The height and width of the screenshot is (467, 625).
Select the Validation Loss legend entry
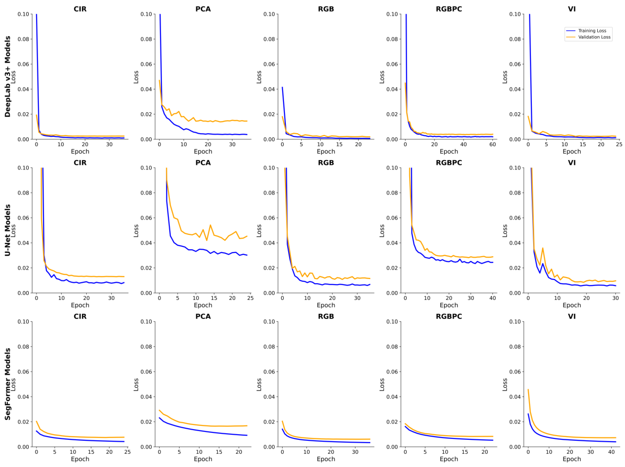(x=594, y=37)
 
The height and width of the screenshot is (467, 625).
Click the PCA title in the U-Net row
(x=203, y=163)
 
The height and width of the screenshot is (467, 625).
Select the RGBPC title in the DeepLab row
(x=449, y=9)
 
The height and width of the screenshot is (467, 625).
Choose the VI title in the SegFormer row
(x=572, y=316)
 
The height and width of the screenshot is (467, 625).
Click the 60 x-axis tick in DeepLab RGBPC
(x=492, y=144)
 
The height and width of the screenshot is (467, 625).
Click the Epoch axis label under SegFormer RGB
(x=326, y=459)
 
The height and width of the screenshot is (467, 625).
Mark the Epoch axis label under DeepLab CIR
(x=80, y=151)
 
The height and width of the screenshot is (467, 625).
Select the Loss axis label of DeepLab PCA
(x=136, y=77)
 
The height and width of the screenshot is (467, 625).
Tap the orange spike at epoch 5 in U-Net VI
(x=543, y=248)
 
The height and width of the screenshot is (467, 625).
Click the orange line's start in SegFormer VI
(x=528, y=390)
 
